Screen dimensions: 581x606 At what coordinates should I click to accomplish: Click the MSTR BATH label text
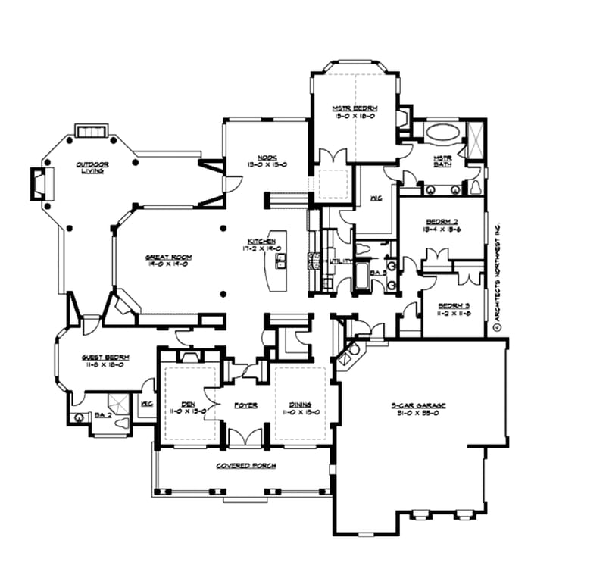pos(442,161)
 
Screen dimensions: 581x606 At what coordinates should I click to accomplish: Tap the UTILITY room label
pos(339,261)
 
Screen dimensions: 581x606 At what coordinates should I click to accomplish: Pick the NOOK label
pos(265,158)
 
